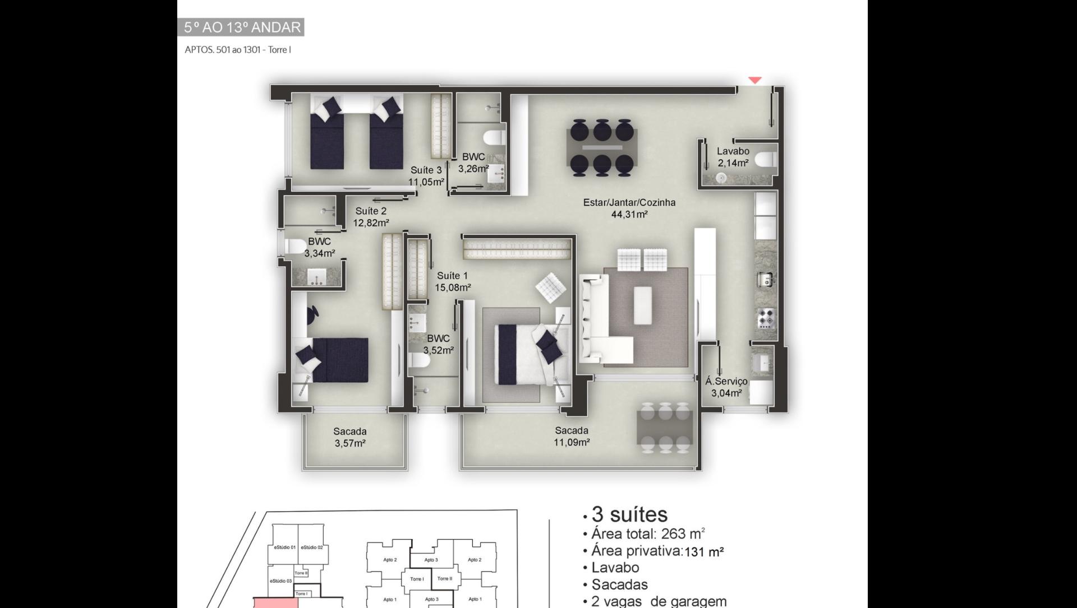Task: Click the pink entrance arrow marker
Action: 755,80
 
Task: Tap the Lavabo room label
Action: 733,151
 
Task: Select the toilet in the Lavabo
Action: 766,160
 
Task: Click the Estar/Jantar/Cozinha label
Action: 629,202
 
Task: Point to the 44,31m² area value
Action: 630,215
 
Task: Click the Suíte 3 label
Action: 426,170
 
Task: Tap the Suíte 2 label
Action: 371,211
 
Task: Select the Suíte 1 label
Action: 452,276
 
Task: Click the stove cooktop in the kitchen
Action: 766,318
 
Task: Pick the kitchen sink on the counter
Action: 766,279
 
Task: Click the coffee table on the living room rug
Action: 643,305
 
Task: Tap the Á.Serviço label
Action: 726,381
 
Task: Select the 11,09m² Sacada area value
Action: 572,443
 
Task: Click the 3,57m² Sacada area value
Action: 350,444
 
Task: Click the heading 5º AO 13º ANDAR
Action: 242,27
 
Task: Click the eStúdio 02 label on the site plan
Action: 311,547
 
